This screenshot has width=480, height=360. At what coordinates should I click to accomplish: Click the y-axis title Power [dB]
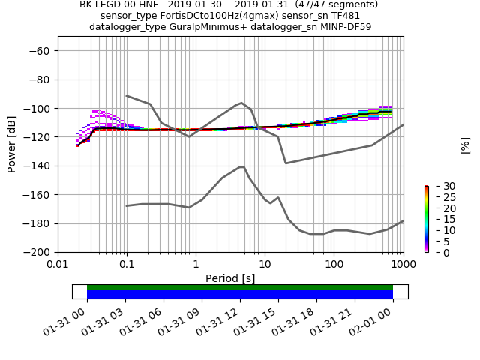click(12, 144)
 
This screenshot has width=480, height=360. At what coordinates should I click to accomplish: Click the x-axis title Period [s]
click(230, 278)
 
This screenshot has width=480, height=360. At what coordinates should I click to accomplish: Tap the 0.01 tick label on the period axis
click(58, 265)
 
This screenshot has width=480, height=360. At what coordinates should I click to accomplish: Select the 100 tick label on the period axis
click(334, 265)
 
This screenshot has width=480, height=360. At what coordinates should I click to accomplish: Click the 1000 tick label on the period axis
click(403, 265)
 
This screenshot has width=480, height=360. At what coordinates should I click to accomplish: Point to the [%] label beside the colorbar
click(465, 145)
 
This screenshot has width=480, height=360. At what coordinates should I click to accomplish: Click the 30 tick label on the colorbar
click(439, 186)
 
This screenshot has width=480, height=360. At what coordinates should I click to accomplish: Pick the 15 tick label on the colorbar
click(439, 219)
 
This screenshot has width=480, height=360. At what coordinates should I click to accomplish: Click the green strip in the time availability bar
click(240, 287)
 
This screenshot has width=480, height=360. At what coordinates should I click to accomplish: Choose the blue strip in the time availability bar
click(240, 294)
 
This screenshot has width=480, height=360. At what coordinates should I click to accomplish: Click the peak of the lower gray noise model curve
click(241, 166)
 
